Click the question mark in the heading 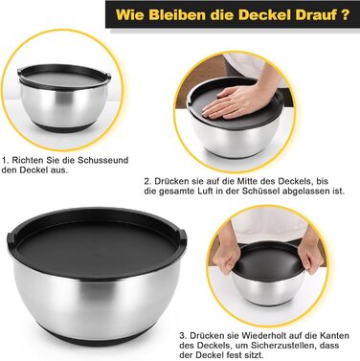point(345,14)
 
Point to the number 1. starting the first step point(5,160)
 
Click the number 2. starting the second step point(147,181)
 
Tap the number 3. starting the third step point(183,336)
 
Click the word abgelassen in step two point(308,192)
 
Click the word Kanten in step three point(337,336)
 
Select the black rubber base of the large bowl point(96,337)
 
